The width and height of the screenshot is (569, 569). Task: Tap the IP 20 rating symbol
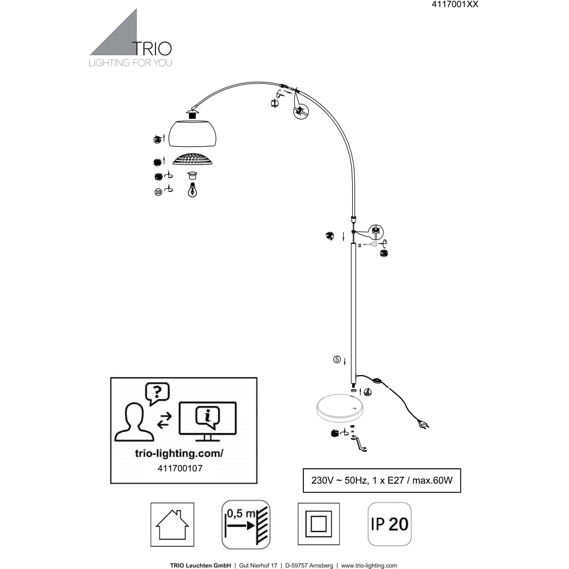point(390,523)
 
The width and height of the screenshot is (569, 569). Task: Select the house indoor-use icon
point(172,524)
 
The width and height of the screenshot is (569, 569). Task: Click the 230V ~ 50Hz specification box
point(381,480)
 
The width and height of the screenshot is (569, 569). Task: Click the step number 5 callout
point(337,360)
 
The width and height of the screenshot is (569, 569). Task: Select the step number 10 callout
point(158,192)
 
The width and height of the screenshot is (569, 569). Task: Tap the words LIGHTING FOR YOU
point(130,63)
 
